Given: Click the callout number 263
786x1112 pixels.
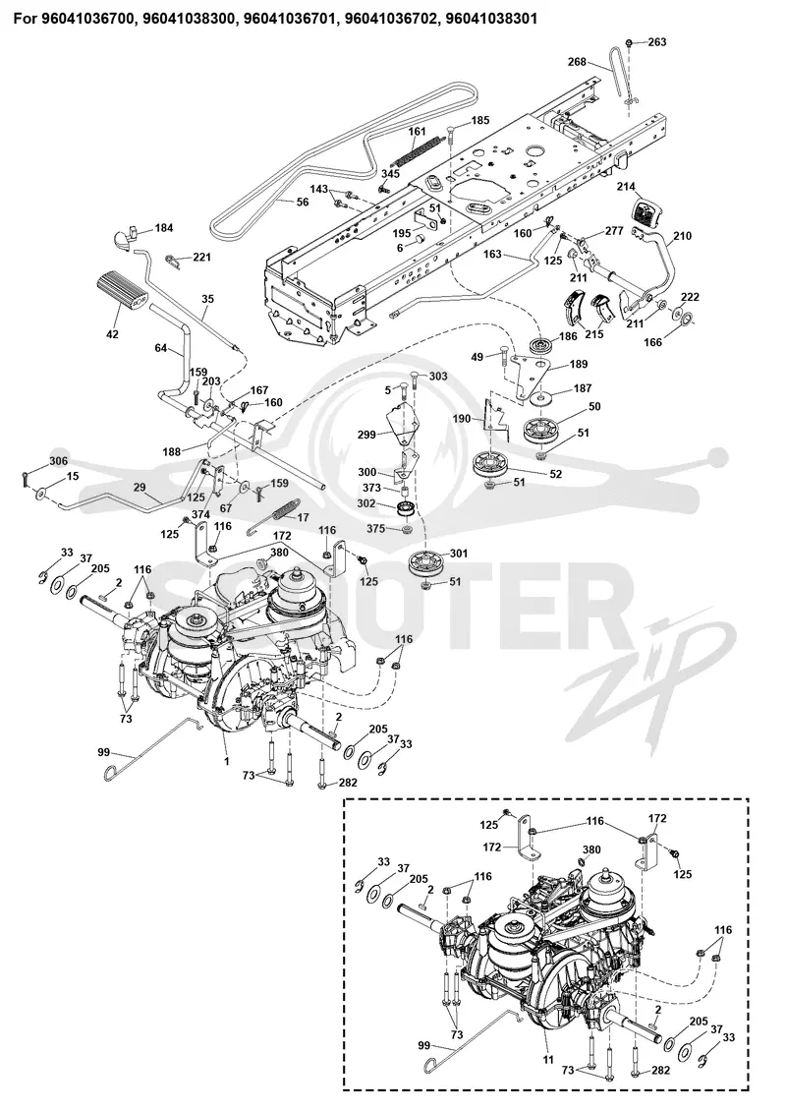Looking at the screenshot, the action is pyautogui.click(x=657, y=42).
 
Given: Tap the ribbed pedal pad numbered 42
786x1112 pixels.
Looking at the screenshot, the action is pyautogui.click(x=121, y=291).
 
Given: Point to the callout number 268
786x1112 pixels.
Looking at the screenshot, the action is pyautogui.click(x=577, y=62).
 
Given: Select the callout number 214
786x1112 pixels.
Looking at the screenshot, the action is pyautogui.click(x=627, y=187).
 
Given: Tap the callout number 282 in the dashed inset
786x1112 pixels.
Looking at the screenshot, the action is pyautogui.click(x=659, y=1071).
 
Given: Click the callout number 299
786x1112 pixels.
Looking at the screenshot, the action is pyautogui.click(x=366, y=435).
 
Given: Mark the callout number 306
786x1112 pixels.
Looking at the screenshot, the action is pyautogui.click(x=59, y=461).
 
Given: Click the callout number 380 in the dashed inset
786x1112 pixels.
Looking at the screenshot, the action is pyautogui.click(x=591, y=849).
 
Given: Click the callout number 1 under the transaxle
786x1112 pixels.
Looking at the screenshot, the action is pyautogui.click(x=226, y=760).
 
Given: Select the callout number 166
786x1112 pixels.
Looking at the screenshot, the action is pyautogui.click(x=652, y=342).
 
